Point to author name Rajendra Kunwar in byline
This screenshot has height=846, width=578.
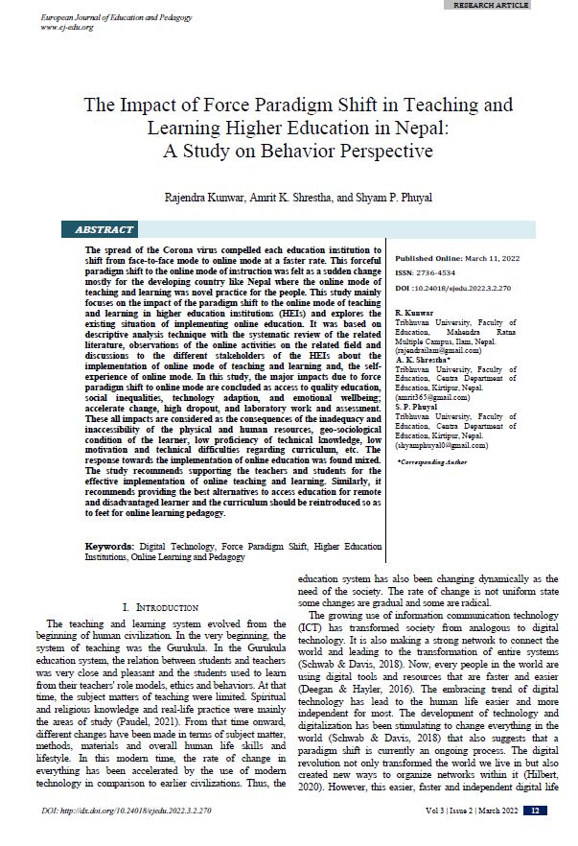coord(197,199)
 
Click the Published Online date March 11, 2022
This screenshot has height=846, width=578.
coord(496,259)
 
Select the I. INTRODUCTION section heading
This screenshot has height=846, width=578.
coord(161,607)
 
